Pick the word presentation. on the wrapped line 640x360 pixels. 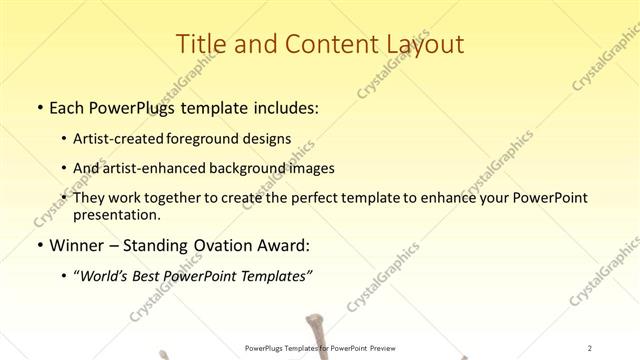116,214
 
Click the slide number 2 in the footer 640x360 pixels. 591,347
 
